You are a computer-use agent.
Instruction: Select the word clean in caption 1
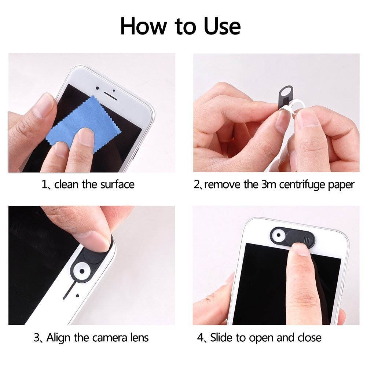66,184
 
